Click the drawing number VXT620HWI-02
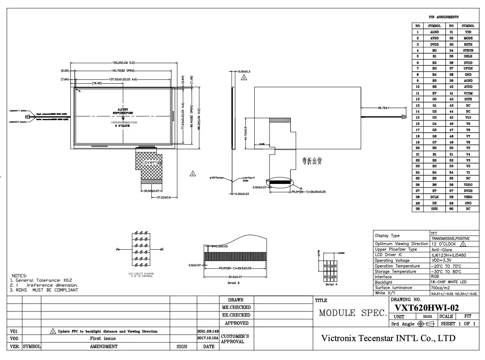click(x=427, y=308)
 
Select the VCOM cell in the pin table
click(x=468, y=93)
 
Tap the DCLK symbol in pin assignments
click(x=434, y=197)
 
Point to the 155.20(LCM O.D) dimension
click(x=124, y=63)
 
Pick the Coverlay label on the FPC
click(x=151, y=162)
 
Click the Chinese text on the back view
click(x=312, y=161)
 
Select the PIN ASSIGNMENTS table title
click(x=444, y=17)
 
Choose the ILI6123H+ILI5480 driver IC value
click(x=448, y=255)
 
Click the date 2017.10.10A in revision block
click(x=208, y=338)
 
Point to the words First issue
click(x=103, y=338)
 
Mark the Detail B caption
click(x=233, y=282)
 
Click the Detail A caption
click(x=331, y=284)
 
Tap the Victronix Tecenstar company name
click(x=388, y=338)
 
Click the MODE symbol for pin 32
click(x=468, y=38)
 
